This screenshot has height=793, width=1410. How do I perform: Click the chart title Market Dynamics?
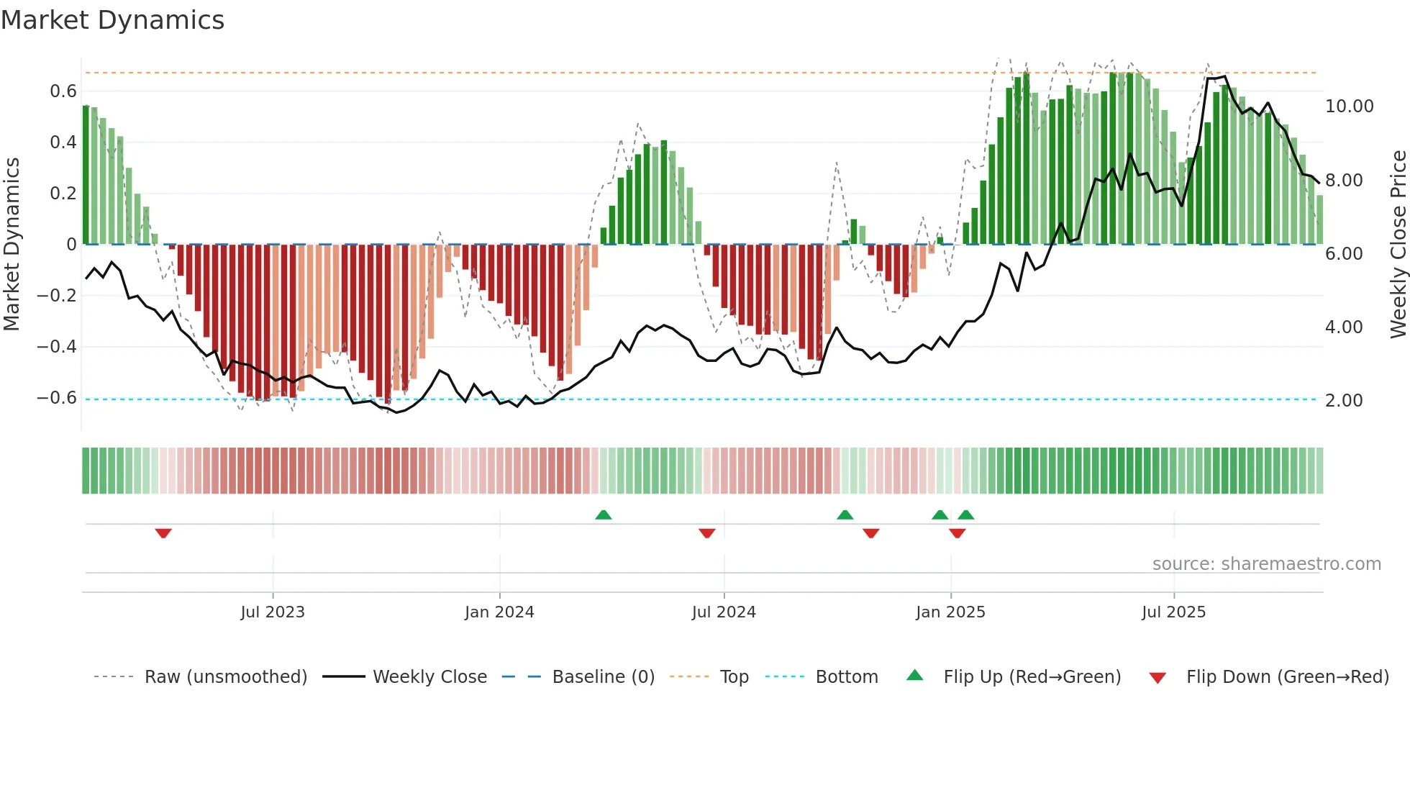[112, 20]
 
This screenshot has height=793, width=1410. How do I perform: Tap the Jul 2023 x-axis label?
[273, 612]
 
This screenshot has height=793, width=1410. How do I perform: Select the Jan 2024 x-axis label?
[499, 612]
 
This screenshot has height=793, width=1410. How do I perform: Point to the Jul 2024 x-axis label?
[724, 612]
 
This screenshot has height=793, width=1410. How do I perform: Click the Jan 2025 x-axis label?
[950, 612]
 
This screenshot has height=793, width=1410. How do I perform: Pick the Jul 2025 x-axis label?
[1173, 612]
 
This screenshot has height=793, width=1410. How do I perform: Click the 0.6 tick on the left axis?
[63, 91]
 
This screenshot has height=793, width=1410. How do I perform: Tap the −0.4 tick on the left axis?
[57, 347]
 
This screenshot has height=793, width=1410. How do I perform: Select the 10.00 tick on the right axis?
[1349, 107]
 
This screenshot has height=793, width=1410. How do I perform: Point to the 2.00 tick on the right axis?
[1344, 401]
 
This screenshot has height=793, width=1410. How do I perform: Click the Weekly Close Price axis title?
[1398, 244]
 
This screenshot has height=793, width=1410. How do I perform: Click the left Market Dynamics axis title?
[12, 244]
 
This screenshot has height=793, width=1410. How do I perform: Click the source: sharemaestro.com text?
[1266, 564]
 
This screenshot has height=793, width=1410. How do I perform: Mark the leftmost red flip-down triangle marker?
[163, 533]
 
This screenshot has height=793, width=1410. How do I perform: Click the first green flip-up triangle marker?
[604, 515]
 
